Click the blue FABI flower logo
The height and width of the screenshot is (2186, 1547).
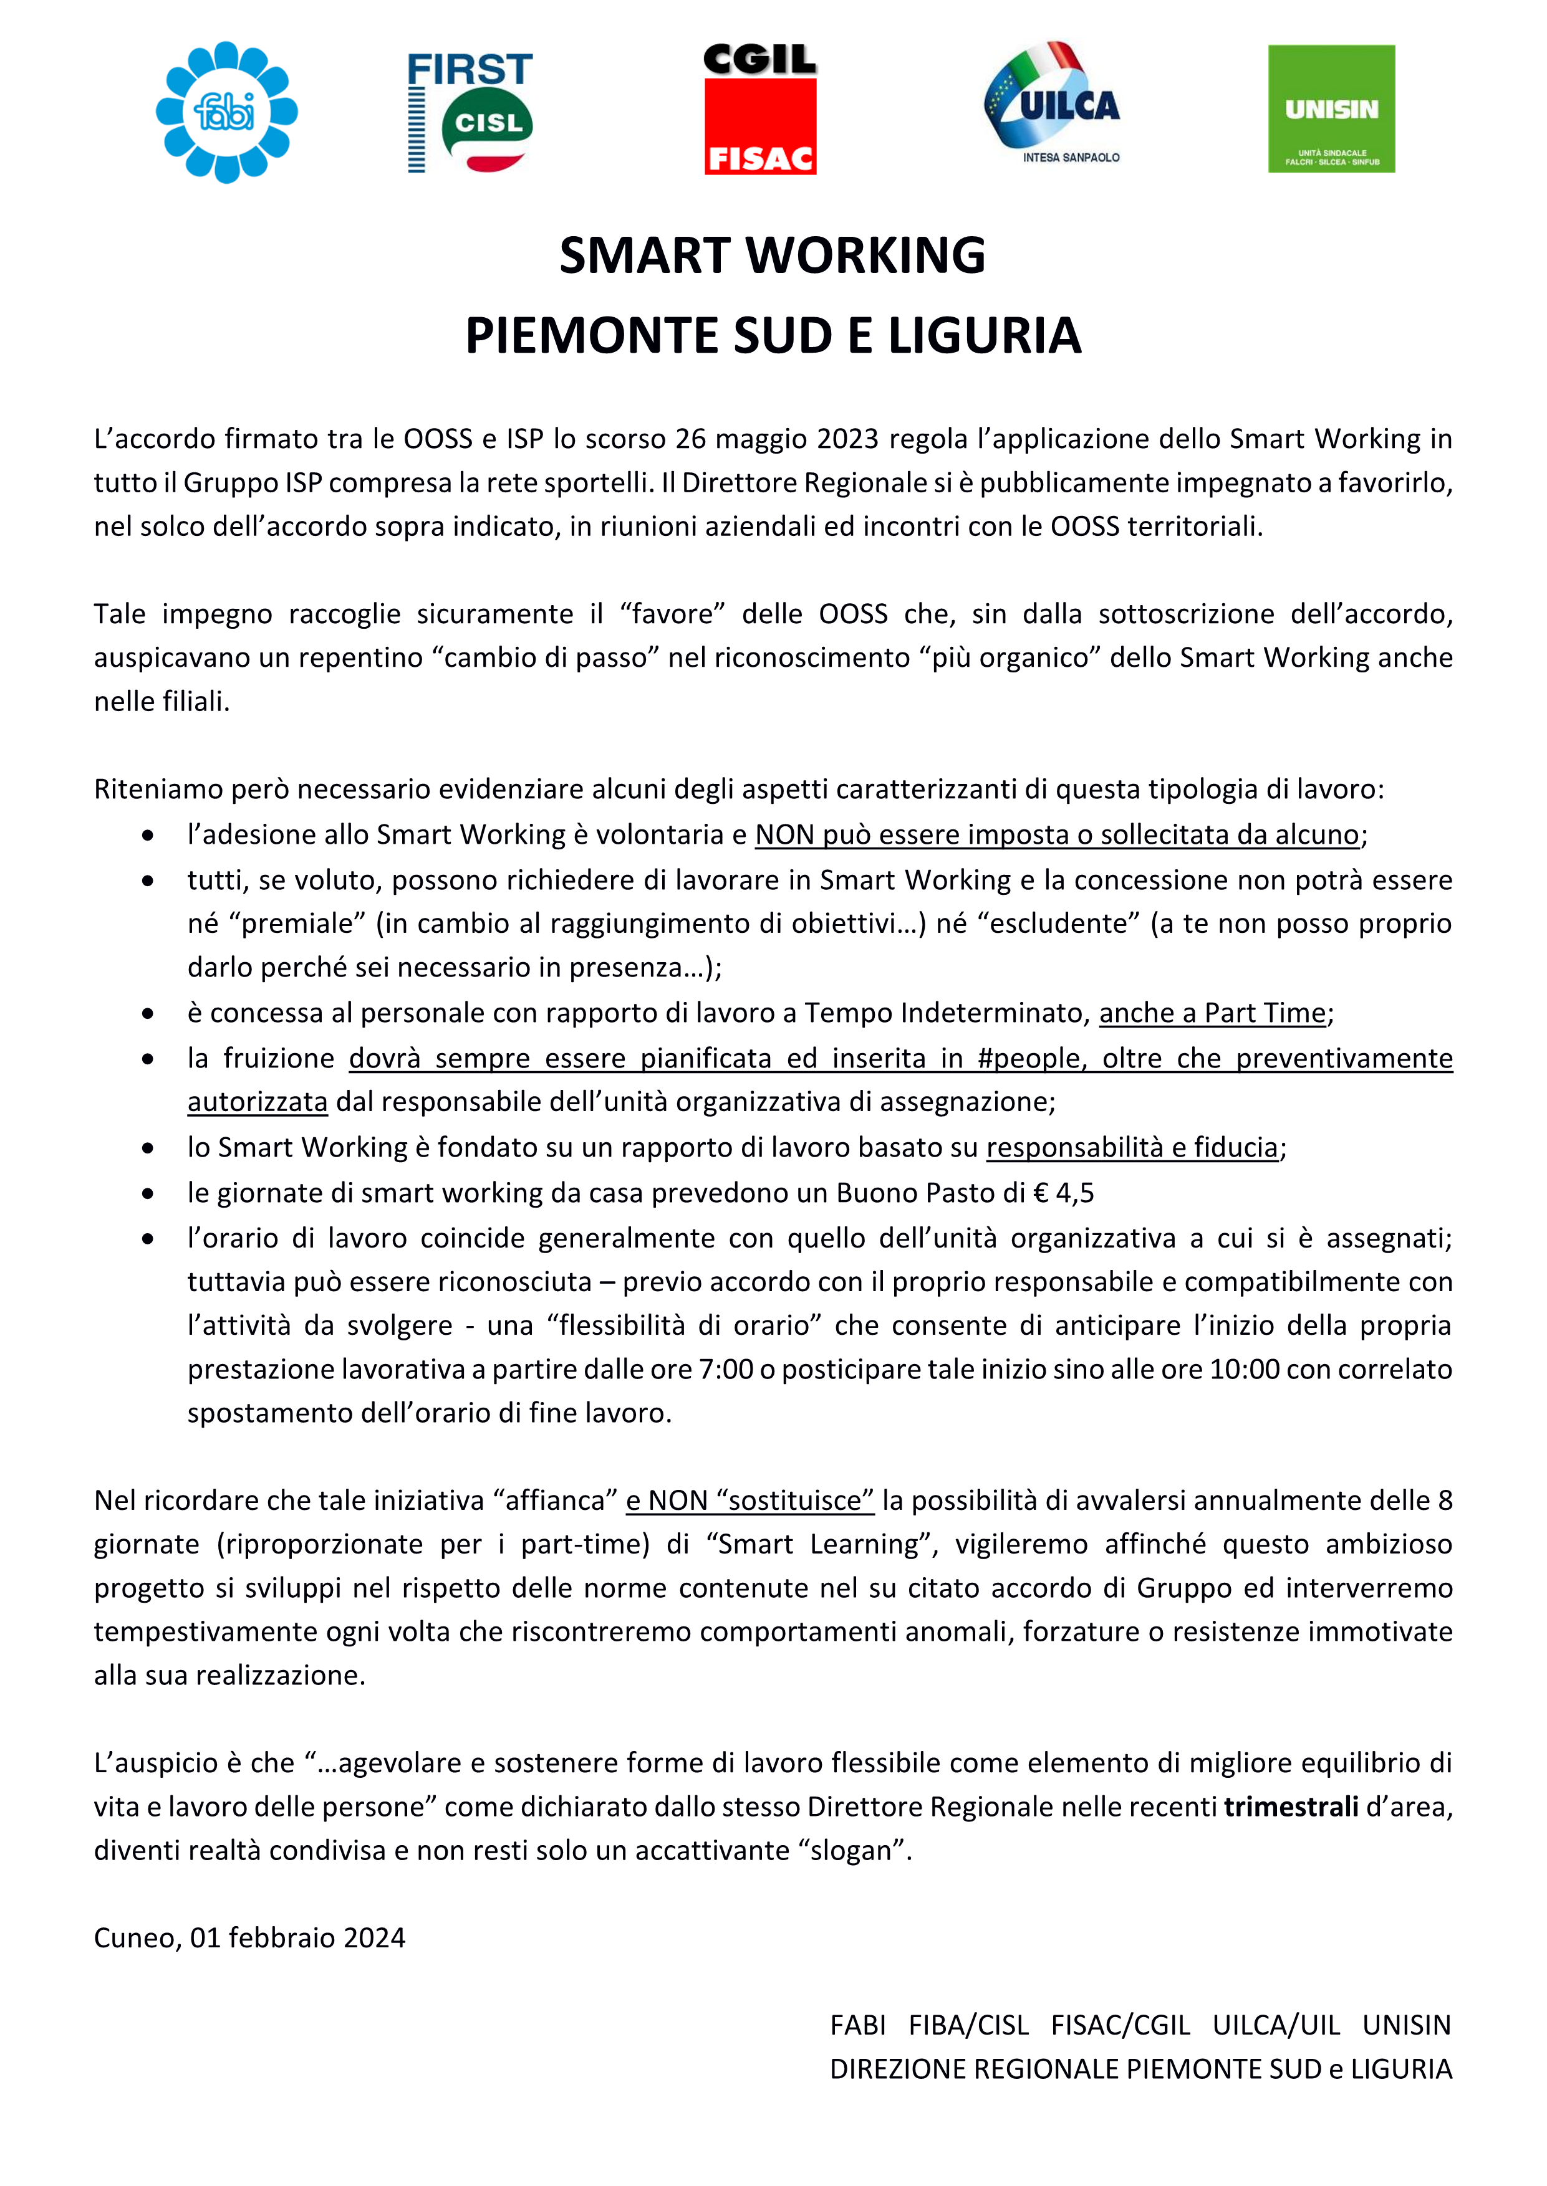tap(227, 112)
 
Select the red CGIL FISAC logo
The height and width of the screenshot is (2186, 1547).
tap(760, 110)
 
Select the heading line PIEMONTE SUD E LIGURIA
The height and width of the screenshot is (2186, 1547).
tap(773, 335)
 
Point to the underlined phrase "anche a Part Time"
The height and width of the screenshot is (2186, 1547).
tap(1212, 1013)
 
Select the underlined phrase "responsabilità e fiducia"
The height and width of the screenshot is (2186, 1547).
tap(1132, 1147)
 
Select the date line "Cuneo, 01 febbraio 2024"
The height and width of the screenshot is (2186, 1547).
tap(249, 1937)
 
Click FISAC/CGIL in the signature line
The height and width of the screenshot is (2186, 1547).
tap(1120, 2025)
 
